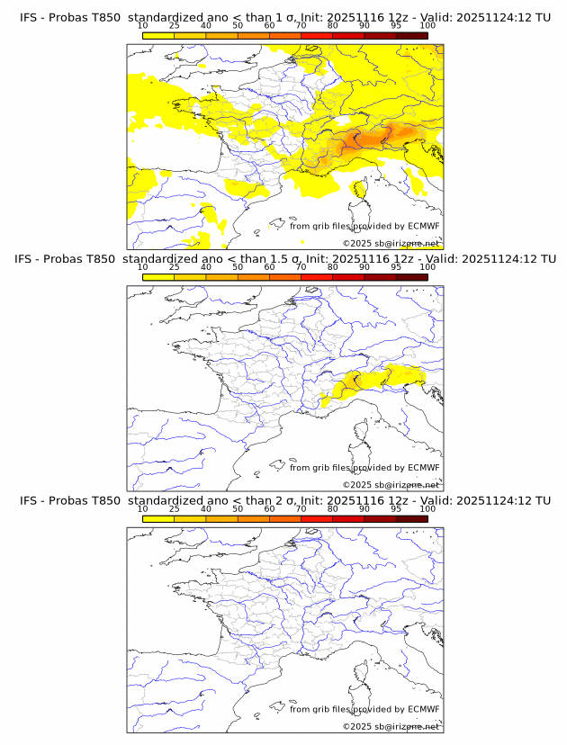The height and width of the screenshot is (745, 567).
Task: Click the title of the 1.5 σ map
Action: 284,259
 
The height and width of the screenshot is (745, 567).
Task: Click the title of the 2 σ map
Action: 284,500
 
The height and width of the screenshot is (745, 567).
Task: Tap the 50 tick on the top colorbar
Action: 238,25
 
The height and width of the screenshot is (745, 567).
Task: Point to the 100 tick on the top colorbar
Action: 427,25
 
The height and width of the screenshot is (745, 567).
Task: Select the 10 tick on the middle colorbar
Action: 143,266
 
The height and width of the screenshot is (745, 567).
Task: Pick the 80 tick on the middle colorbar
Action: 333,266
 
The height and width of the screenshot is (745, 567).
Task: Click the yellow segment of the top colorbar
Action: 158,35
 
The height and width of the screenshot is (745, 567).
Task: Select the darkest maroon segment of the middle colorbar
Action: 411,276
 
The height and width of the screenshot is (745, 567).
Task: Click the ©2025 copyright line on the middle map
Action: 391,485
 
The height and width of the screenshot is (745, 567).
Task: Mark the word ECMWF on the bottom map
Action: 423,708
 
